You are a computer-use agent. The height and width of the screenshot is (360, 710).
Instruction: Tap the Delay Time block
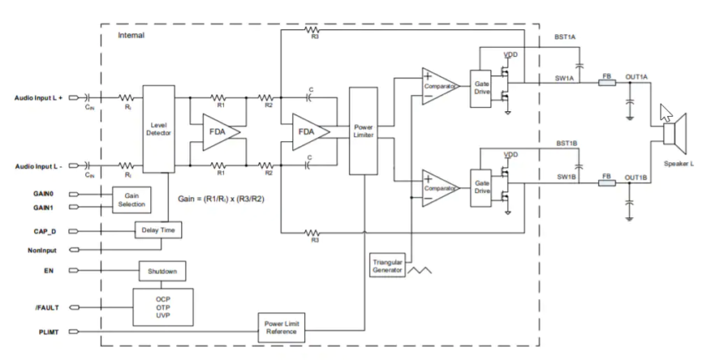coord(159,229)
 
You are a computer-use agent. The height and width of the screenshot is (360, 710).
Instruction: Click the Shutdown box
coord(162,271)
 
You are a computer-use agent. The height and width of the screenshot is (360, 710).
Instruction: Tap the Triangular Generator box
coord(386,265)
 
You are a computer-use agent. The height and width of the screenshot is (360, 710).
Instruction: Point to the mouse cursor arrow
coord(666,113)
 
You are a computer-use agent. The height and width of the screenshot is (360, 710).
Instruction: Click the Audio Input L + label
coord(38,96)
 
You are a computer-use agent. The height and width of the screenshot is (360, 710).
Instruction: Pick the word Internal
coord(131,36)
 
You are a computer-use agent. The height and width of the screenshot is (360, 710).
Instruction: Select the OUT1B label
coord(636,177)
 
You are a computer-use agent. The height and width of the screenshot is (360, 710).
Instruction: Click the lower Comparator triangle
coord(439,187)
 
